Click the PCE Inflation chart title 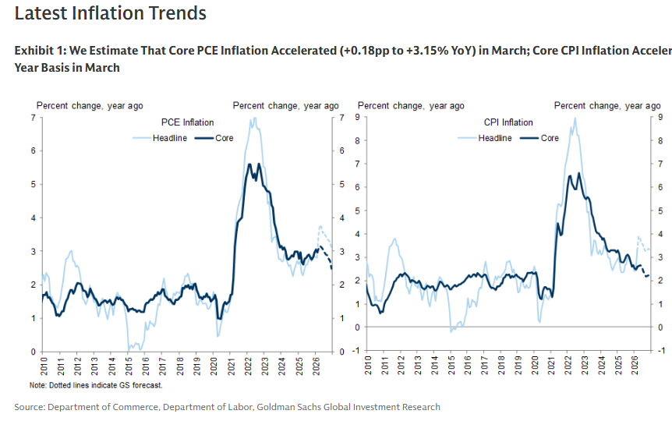pyautogui.click(x=187, y=122)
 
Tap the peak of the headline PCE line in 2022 pyautogui.click(x=253, y=118)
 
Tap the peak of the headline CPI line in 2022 pyautogui.click(x=575, y=118)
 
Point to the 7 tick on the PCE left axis pyautogui.click(x=33, y=118)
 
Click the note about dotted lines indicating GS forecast pyautogui.click(x=96, y=385)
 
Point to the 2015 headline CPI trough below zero pyautogui.click(x=451, y=331)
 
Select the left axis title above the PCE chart pyautogui.click(x=90, y=106)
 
